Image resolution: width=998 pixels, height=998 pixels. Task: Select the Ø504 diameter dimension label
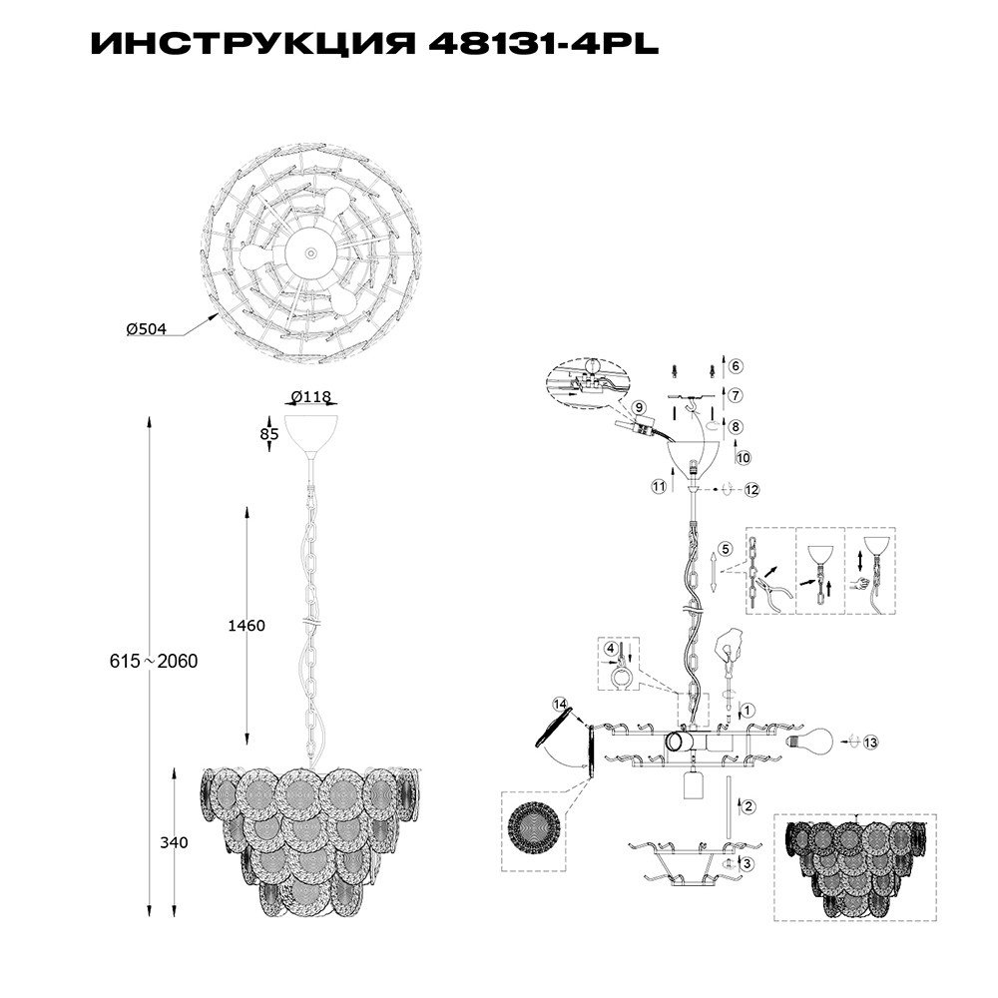click(147, 329)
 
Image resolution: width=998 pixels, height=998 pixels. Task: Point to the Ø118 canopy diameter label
click(311, 397)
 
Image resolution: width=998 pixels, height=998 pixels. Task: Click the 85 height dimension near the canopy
click(269, 434)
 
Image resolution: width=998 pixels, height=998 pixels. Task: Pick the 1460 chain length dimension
click(247, 626)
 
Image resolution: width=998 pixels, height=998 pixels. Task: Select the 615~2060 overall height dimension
click(154, 662)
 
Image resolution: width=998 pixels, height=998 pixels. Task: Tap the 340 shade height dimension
click(174, 842)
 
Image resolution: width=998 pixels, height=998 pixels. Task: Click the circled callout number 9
click(639, 408)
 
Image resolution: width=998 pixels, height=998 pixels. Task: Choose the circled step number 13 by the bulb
click(870, 743)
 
